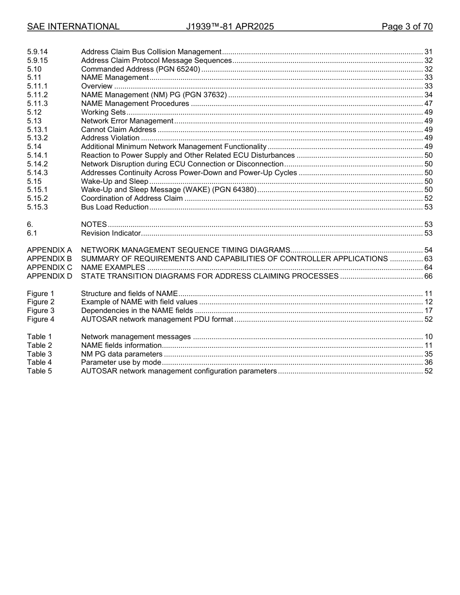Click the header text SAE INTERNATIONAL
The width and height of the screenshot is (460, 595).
(73, 27)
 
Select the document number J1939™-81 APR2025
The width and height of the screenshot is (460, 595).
(230, 27)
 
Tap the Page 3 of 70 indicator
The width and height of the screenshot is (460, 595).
(407, 27)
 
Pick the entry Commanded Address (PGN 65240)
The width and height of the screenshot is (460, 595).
(140, 69)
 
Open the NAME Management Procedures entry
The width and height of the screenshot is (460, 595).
(135, 104)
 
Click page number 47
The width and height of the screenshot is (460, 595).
(428, 104)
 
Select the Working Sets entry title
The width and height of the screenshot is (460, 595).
(103, 112)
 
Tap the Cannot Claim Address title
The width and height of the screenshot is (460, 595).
(119, 130)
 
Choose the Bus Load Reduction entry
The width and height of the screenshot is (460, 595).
(115, 207)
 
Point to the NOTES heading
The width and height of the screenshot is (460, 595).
(94, 224)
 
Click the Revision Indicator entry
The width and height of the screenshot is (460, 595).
(111, 233)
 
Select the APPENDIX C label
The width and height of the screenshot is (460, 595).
(49, 268)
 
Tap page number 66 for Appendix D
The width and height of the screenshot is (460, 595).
(428, 276)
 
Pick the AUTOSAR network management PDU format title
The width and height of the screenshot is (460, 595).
(157, 319)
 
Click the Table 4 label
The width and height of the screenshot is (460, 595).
(39, 362)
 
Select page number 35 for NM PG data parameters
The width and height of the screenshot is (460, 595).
(428, 354)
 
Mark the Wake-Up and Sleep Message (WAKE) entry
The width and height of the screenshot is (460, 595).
(169, 190)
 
